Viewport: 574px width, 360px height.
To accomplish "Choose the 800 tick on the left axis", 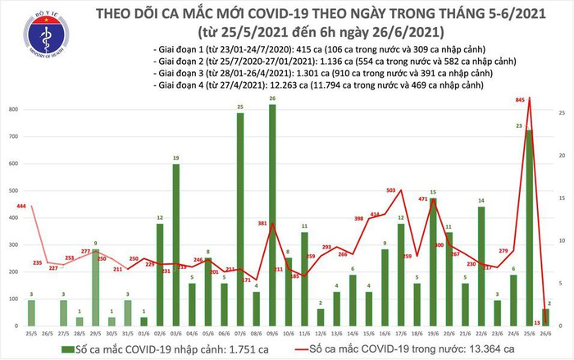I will (x=11, y=110).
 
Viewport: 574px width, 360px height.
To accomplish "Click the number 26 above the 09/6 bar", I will (x=271, y=99).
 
